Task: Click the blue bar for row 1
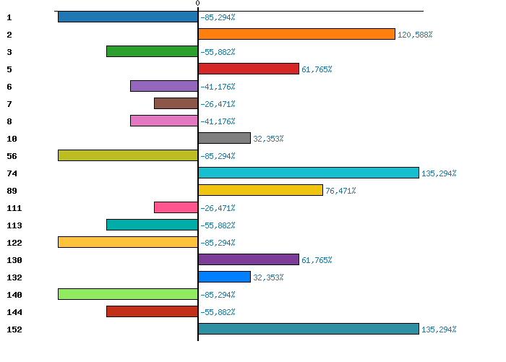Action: (128, 17)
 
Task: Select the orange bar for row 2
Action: (296, 34)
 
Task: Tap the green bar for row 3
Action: (152, 51)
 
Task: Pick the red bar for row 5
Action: (248, 69)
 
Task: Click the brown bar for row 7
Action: (176, 103)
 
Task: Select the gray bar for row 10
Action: (224, 138)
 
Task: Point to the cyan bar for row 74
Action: (308, 173)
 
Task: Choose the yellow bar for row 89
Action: (260, 190)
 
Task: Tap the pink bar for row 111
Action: (176, 207)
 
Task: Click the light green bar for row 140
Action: (128, 294)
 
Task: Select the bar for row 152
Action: (308, 329)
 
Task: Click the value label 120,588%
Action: (415, 35)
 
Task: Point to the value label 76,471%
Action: (340, 191)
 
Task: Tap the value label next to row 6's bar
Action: (218, 87)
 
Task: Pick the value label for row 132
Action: (268, 277)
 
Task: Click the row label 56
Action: (12, 156)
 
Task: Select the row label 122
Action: (14, 243)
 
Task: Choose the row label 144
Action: (14, 312)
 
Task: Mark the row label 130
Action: (14, 260)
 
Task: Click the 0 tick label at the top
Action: (197, 4)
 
